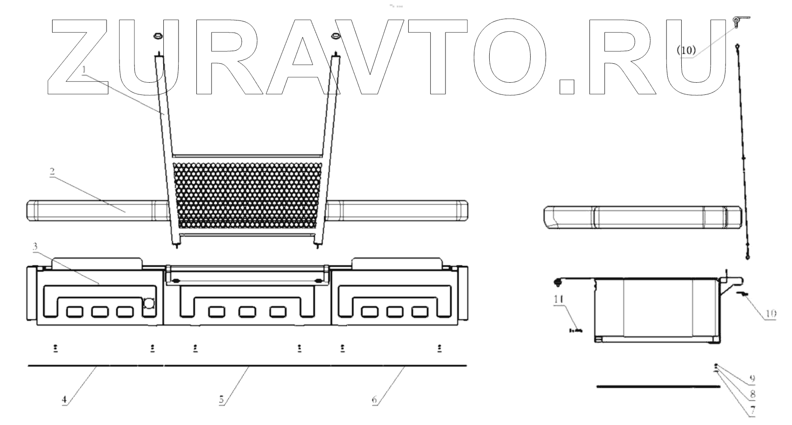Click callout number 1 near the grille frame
click(84, 69)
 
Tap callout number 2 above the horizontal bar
click(52, 172)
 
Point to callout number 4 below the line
click(65, 399)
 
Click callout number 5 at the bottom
click(221, 399)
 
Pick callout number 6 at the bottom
click(374, 399)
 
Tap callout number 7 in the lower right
click(752, 411)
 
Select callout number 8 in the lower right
click(752, 395)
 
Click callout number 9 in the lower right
click(752, 379)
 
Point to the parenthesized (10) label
click(687, 51)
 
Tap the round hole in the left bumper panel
click(149, 304)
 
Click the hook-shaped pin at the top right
click(739, 20)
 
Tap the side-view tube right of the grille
click(642, 218)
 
